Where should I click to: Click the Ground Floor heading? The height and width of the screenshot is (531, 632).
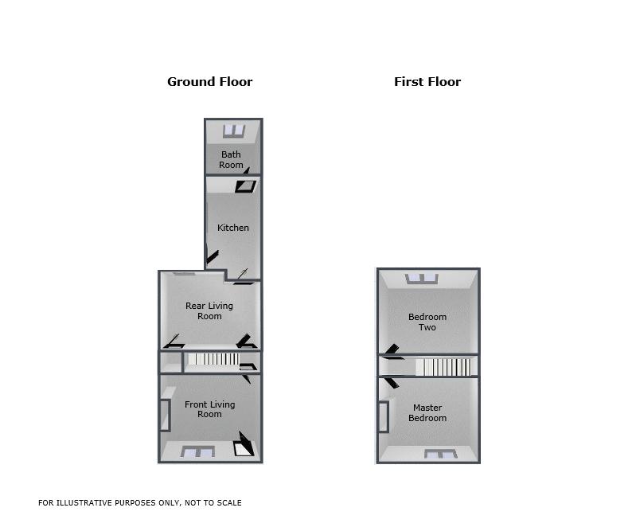click(209, 82)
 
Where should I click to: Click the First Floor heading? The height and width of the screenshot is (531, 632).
click(427, 82)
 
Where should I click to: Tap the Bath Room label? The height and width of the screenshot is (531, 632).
click(231, 160)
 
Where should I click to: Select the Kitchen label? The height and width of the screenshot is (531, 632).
click(233, 228)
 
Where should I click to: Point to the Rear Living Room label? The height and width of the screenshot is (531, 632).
click(209, 310)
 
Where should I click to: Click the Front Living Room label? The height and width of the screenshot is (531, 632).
click(209, 409)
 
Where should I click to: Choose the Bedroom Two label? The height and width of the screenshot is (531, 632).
click(427, 322)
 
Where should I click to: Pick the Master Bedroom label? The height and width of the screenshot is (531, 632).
click(427, 413)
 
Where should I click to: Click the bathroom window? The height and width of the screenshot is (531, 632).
click(234, 131)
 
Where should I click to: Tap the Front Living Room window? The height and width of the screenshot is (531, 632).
click(197, 451)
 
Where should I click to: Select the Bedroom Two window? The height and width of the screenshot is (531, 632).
click(422, 279)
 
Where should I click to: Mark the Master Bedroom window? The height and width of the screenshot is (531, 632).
click(440, 454)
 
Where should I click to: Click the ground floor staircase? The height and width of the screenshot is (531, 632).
click(213, 359)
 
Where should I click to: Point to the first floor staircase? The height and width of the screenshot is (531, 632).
click(443, 367)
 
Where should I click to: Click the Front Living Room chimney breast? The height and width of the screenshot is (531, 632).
click(166, 416)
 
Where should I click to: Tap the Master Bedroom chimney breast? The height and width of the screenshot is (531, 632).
click(384, 417)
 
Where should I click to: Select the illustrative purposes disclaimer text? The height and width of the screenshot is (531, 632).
click(140, 503)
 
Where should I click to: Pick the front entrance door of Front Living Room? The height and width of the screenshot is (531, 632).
click(244, 444)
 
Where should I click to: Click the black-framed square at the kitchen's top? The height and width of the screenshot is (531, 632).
click(245, 186)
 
